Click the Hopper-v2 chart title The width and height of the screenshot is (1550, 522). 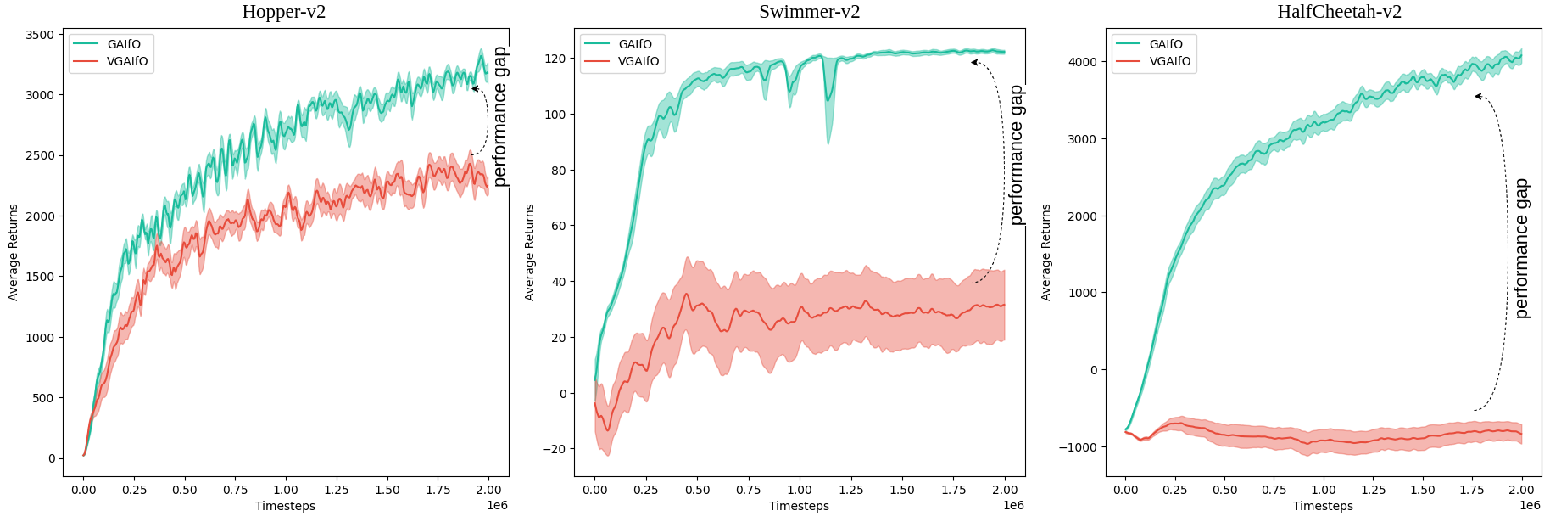pos(283,12)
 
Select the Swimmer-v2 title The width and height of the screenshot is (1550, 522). pos(809,12)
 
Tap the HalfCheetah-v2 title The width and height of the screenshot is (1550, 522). pos(1339,12)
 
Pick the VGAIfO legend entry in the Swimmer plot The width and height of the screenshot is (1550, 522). pos(638,61)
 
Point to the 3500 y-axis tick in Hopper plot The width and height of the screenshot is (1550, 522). pos(40,35)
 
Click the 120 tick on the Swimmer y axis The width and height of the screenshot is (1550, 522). pos(555,59)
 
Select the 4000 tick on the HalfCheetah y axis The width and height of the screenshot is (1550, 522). pos(1082,62)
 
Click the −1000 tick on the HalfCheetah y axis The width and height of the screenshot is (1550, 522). pos(1078,447)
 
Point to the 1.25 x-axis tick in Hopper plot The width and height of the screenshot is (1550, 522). pos(337,490)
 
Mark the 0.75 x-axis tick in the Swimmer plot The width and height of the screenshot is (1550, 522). pos(748,490)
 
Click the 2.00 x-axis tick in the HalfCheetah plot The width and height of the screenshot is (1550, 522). pos(1522,490)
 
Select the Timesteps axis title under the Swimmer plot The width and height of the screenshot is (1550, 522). pos(799,506)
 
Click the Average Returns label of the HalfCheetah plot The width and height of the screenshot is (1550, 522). pos(1045,252)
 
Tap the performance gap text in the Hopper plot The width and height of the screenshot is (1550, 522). pos(500,116)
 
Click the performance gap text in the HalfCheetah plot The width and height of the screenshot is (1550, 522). pos(1523,248)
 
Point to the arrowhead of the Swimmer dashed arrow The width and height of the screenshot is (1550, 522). pos(973,62)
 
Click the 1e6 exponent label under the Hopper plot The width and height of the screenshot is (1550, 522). pos(497,506)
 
